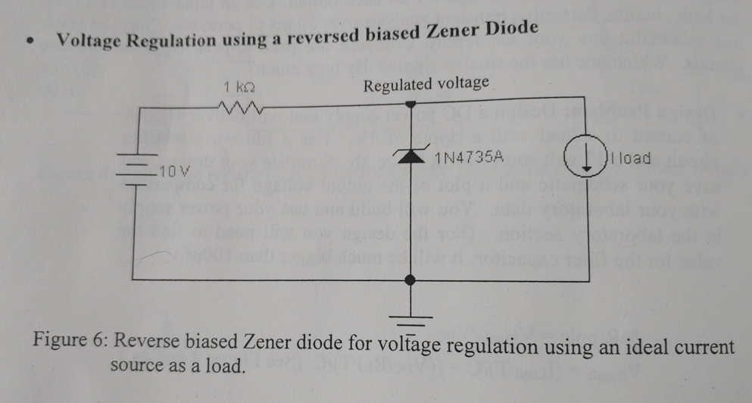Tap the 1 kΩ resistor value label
[x=238, y=86]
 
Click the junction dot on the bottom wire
[x=410, y=280]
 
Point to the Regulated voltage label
[x=426, y=83]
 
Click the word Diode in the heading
[x=503, y=29]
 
